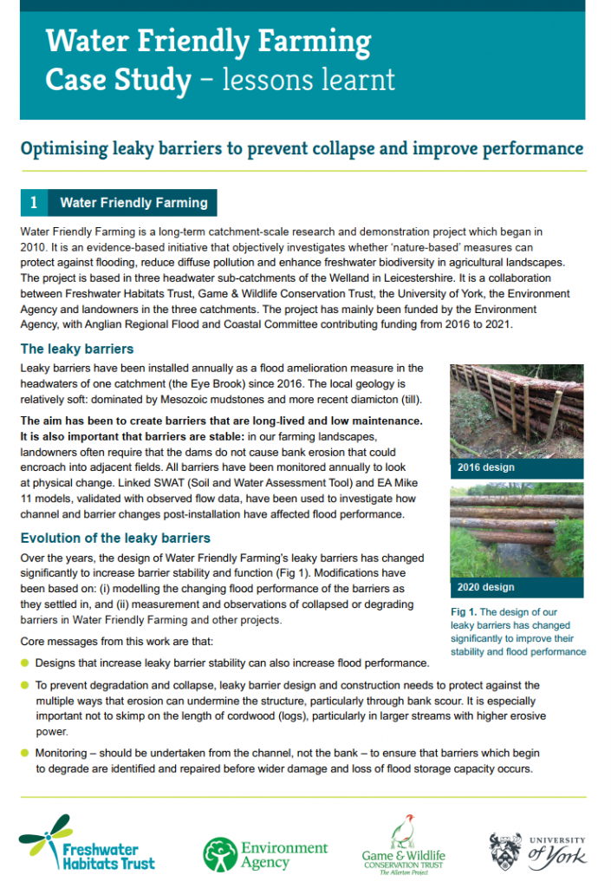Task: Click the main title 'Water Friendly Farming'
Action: click(x=208, y=41)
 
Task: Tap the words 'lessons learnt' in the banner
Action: click(x=309, y=80)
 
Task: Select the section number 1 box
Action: click(x=33, y=203)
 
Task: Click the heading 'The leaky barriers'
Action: click(x=77, y=349)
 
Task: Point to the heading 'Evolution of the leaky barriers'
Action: click(x=114, y=538)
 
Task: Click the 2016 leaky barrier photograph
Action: click(x=517, y=411)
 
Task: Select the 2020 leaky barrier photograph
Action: click(x=517, y=531)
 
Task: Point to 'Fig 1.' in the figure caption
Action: click(x=465, y=612)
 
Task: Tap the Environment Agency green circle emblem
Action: click(x=219, y=854)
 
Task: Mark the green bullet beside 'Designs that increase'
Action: click(x=24, y=663)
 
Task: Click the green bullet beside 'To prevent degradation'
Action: click(x=24, y=686)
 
